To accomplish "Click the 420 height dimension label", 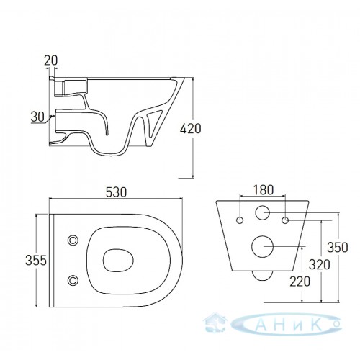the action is (191, 129).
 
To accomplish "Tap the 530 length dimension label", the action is (116, 192).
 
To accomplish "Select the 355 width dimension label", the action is (36, 261).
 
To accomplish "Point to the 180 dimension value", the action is (264, 190).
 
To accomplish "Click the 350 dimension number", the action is (338, 247).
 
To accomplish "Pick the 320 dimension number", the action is (320, 265).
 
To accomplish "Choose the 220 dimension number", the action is (300, 282).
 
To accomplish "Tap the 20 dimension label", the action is (51, 60).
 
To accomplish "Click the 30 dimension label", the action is (37, 117).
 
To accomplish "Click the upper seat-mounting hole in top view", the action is (73, 240).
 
